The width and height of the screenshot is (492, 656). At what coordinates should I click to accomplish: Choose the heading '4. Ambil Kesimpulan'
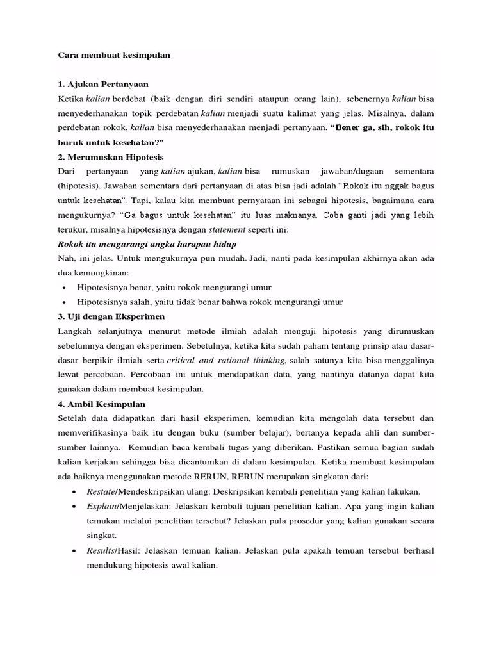click(x=101, y=404)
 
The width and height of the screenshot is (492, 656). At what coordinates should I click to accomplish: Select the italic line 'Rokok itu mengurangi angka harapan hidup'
click(x=147, y=244)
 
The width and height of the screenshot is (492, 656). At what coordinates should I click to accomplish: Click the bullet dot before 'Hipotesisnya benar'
click(x=66, y=288)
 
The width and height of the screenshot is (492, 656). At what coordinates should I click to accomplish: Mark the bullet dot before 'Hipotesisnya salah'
click(x=66, y=302)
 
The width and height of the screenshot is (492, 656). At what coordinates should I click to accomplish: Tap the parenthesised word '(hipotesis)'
click(x=79, y=186)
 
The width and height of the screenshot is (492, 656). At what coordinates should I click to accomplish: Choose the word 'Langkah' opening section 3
click(x=76, y=331)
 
